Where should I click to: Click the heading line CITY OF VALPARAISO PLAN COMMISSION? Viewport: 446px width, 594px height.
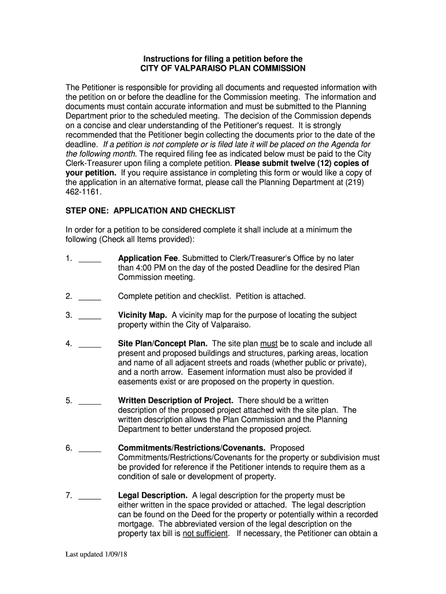(223, 68)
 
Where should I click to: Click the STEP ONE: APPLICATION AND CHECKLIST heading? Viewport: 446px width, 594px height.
(151, 211)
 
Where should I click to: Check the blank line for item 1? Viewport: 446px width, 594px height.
(90, 259)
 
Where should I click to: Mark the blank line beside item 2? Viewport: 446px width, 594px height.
(90, 298)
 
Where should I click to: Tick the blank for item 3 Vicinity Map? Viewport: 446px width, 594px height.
(90, 317)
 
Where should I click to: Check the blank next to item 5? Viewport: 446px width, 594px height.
(90, 402)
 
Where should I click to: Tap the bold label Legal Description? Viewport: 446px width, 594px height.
(153, 495)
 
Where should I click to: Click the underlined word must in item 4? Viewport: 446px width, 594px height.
(270, 343)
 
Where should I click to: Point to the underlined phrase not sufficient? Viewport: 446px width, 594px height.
(205, 534)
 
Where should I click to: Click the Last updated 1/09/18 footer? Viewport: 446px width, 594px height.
(96, 555)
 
